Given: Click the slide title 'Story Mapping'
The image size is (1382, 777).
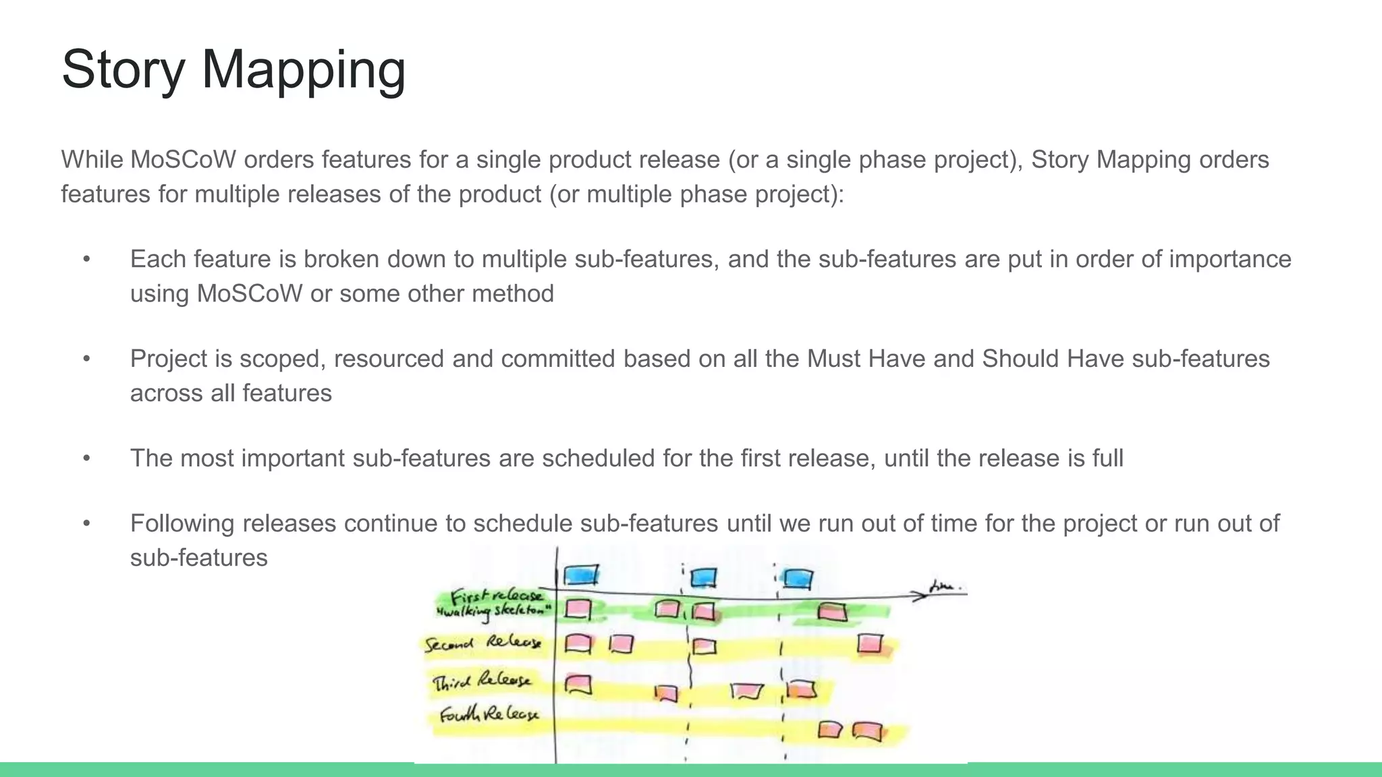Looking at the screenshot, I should click(x=233, y=69).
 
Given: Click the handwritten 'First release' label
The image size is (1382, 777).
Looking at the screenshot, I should click(x=496, y=596).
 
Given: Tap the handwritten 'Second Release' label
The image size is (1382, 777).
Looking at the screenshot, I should click(x=482, y=642).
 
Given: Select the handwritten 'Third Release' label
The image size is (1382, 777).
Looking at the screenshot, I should click(x=481, y=681).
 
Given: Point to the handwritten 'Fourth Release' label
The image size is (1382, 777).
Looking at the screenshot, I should click(x=489, y=714).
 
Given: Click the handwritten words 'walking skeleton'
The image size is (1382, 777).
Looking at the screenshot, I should click(x=495, y=612).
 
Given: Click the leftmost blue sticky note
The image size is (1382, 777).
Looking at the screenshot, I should click(x=581, y=575).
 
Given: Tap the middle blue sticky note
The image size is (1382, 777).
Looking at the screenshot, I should click(x=703, y=577).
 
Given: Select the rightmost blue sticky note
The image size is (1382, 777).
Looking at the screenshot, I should click(x=798, y=579).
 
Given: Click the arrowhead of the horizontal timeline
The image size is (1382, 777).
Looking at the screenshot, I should click(x=919, y=596).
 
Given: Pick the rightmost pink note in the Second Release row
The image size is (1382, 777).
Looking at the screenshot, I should click(x=870, y=643).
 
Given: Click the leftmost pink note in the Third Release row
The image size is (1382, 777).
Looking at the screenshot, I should click(x=578, y=685).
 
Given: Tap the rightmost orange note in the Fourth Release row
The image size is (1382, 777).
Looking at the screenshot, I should click(x=867, y=731).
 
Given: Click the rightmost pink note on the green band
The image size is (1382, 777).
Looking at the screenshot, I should click(x=832, y=612).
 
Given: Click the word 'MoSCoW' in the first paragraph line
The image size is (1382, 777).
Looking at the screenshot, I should click(x=182, y=160).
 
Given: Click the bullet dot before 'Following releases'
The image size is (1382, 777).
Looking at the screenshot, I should click(x=86, y=523).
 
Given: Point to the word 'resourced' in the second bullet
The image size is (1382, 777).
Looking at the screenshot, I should click(x=389, y=359).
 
